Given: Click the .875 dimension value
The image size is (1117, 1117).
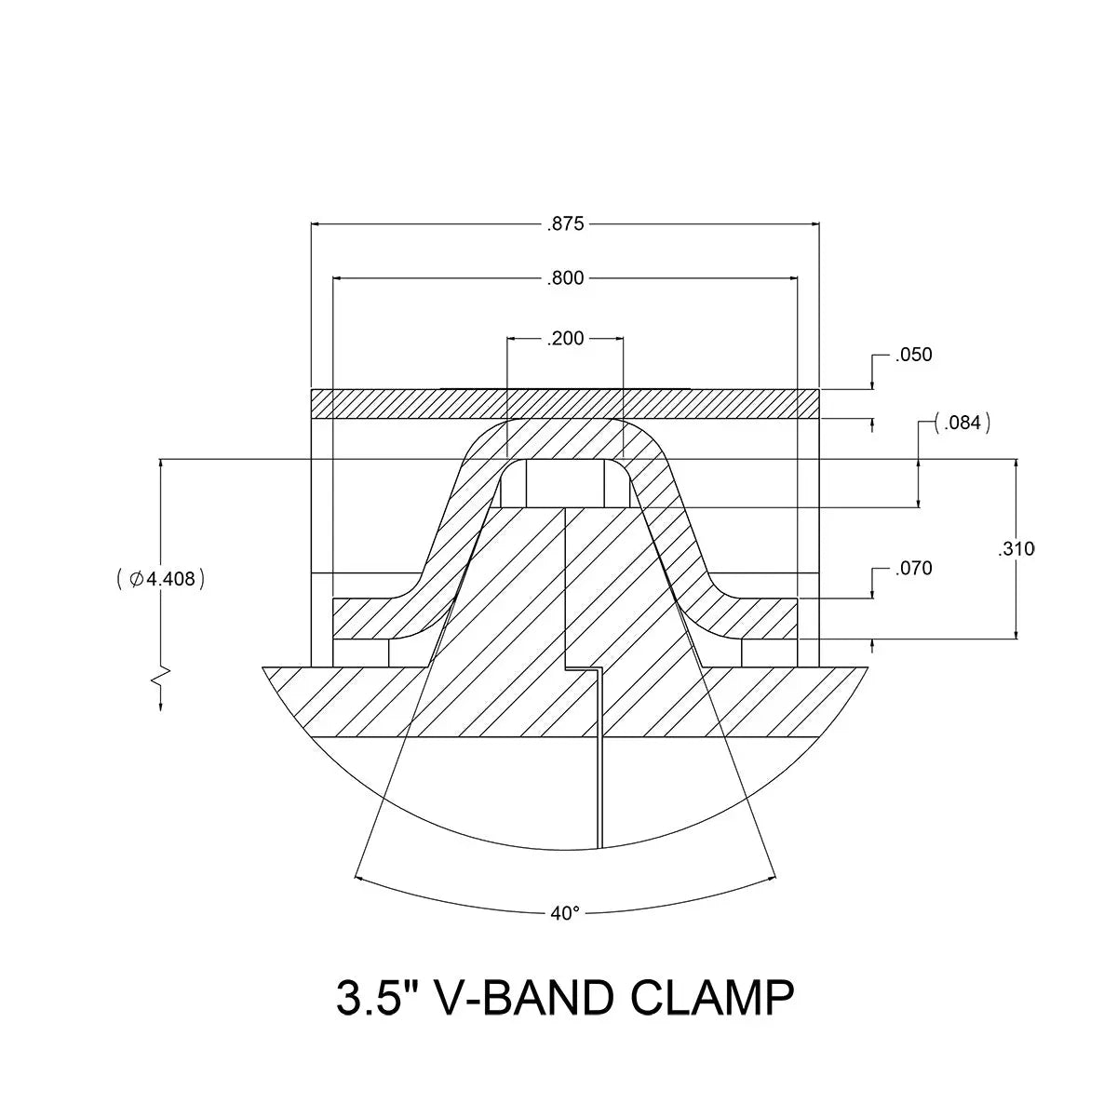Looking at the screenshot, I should (565, 224).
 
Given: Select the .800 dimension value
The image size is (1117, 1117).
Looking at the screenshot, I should (566, 278).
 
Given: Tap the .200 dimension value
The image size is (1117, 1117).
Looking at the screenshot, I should (566, 339).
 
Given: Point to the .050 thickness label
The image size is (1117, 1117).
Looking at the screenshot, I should (914, 356).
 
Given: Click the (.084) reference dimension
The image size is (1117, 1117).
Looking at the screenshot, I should (962, 424).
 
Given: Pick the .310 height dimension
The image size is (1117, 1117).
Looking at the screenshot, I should (1016, 549).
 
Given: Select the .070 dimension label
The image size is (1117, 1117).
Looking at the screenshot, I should (914, 568).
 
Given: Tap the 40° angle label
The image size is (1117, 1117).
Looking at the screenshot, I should (565, 914).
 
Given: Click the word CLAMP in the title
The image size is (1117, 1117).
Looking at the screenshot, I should (712, 999).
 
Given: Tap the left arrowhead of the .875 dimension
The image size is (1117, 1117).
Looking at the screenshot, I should (317, 224).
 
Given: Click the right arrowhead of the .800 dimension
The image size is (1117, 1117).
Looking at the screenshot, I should (791, 278).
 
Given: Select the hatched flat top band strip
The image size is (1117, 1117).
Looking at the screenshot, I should (565, 404).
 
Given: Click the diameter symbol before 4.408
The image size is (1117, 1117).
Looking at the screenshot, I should (136, 579).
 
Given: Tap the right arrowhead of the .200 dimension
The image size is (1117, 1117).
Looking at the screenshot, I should (617, 339).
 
